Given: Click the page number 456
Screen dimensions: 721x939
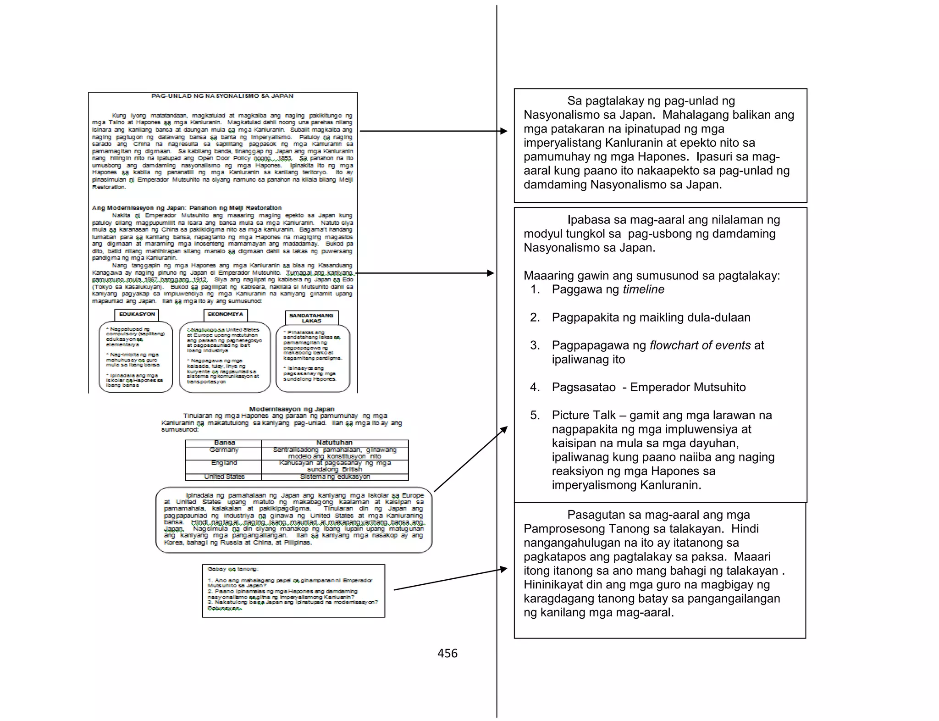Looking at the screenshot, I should [x=447, y=653].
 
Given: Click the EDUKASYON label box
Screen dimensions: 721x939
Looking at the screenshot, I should [x=137, y=315].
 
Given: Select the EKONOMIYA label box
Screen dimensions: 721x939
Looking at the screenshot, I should [x=225, y=315].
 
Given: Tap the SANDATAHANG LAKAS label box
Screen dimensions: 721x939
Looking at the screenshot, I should [x=311, y=318].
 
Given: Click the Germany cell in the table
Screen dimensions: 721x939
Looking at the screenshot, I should [x=223, y=450].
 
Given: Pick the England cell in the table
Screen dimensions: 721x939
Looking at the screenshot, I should [x=224, y=463].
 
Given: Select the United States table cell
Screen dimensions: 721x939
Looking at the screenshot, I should [x=224, y=477].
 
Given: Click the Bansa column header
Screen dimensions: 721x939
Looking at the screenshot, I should [x=224, y=443].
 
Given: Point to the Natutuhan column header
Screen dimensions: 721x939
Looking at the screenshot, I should [x=334, y=443].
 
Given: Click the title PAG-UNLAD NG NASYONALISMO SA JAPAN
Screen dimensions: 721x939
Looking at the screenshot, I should [x=222, y=96].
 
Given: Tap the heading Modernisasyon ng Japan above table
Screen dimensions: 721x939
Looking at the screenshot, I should [x=292, y=409].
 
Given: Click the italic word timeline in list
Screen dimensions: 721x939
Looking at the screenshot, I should [x=643, y=289].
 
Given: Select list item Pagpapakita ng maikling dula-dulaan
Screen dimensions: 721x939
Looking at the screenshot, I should [x=651, y=317].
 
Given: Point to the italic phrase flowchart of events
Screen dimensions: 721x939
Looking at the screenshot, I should [x=700, y=345].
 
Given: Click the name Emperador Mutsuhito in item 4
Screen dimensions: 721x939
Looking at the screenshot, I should [x=688, y=387].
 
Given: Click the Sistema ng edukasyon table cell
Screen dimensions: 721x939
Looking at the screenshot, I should [x=335, y=477].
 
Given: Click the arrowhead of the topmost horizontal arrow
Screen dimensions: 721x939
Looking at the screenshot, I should [x=504, y=131].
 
